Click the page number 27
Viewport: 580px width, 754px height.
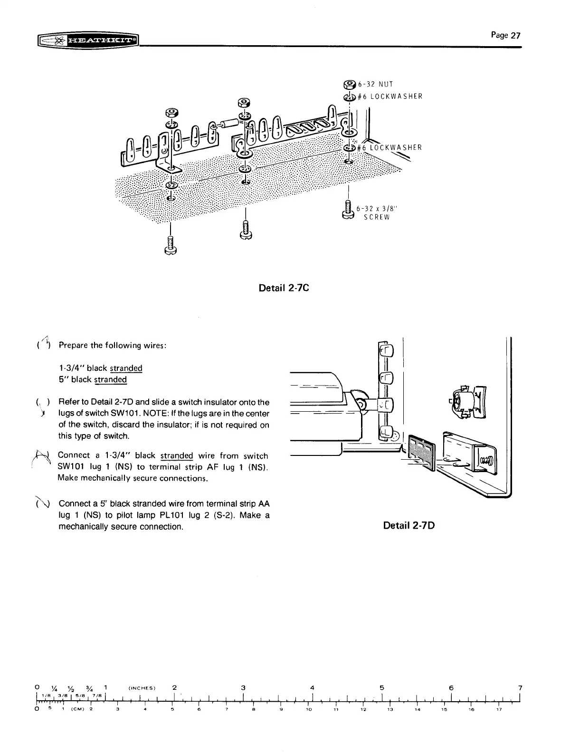[x=507, y=35]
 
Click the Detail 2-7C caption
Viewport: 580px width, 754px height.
[x=284, y=288]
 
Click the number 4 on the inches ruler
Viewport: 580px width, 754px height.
[x=312, y=687]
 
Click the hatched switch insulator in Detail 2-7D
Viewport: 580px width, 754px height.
[x=421, y=452]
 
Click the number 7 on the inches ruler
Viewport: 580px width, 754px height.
[x=520, y=687]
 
